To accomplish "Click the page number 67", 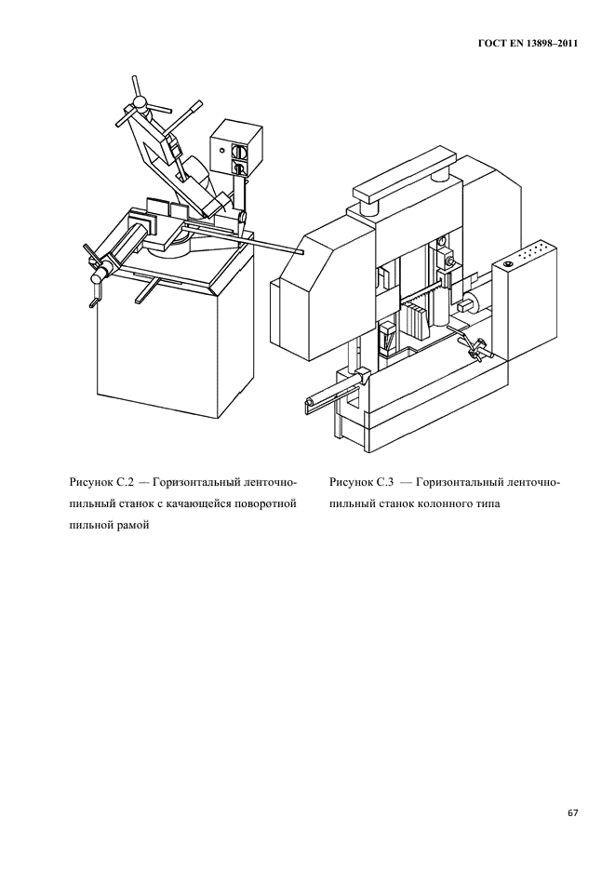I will tap(573, 812).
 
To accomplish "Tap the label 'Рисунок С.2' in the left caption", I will tap(102, 482).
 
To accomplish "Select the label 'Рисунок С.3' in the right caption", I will tap(362, 482).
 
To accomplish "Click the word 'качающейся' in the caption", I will tap(203, 503).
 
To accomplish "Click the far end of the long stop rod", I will tap(299, 251).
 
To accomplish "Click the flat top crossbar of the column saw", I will tap(399, 191).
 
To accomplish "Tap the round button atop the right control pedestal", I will tap(508, 266).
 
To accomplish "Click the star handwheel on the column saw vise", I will tap(478, 348).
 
